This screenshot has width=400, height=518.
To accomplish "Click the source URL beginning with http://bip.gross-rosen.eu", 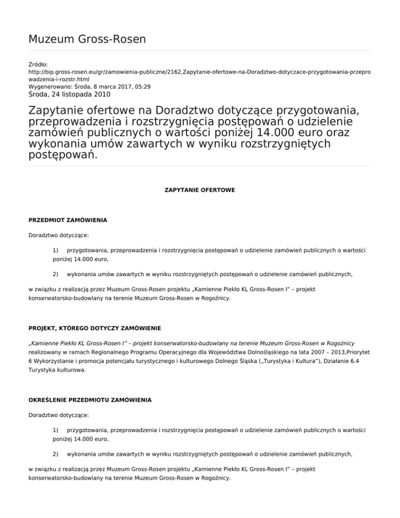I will tap(199, 73).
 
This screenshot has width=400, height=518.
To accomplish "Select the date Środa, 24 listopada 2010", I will tap(69, 95).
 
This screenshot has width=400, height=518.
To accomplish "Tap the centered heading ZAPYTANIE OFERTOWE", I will tap(200, 190).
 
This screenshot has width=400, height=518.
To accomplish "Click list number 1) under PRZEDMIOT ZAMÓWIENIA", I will tap(56, 251).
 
